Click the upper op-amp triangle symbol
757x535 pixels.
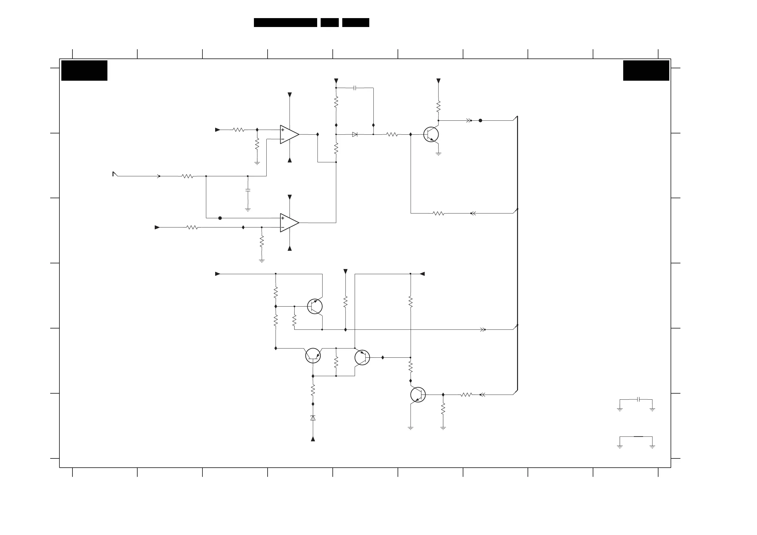tap(289, 134)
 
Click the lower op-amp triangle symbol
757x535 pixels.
tap(289, 223)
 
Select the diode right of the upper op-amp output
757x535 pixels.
tap(355, 134)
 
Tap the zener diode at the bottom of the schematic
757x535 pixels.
tap(313, 418)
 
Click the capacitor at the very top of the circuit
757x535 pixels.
tap(355, 88)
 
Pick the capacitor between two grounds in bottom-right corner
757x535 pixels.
tap(639, 400)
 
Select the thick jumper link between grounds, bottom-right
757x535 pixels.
tap(638, 437)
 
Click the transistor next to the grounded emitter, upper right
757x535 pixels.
tap(431, 134)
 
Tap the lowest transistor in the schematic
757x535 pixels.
tap(418, 395)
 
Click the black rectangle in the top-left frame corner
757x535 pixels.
tap(85, 71)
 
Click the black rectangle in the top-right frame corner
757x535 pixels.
tap(646, 71)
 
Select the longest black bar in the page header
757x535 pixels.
tap(285, 23)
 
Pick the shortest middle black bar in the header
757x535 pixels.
tap(329, 23)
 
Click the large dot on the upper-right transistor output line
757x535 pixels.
tap(481, 121)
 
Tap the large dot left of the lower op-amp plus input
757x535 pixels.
tap(220, 218)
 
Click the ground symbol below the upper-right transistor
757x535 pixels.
tap(438, 154)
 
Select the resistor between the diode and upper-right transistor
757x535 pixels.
tap(392, 134)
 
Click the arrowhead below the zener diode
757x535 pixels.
tap(313, 439)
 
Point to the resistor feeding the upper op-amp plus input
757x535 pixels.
tap(238, 130)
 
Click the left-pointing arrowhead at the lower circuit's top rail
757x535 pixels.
tap(422, 274)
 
